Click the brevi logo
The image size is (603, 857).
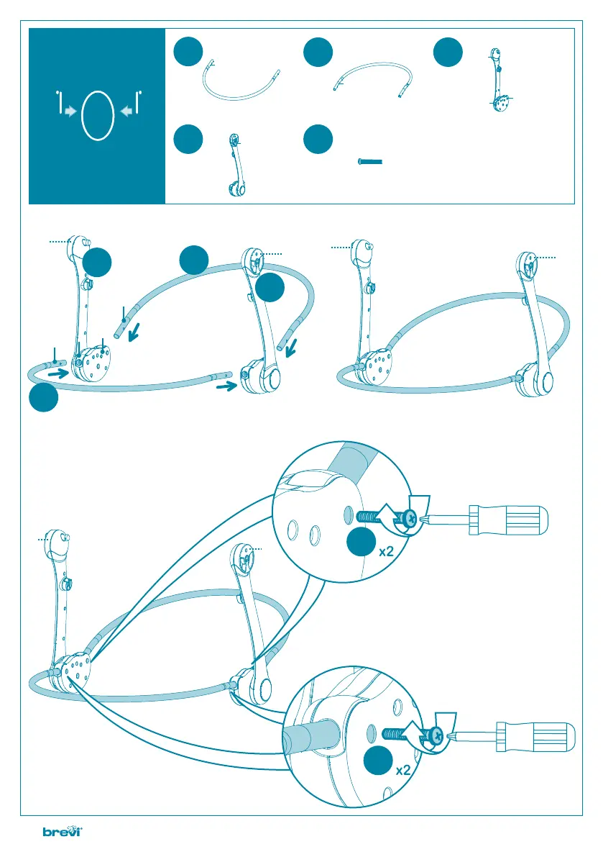point(64,833)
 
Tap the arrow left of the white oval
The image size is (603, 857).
point(70,112)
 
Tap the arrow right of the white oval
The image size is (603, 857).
point(126,112)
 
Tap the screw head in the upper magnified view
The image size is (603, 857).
point(409,517)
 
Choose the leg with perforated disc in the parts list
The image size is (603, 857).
point(497,79)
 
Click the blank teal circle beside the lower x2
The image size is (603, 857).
point(377,763)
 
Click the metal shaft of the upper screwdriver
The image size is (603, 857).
point(446,517)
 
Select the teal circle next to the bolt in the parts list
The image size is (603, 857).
point(317,140)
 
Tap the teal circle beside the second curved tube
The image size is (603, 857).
point(317,54)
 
